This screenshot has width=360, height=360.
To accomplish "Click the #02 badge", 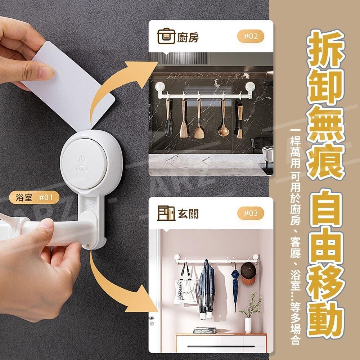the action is (x=251, y=36).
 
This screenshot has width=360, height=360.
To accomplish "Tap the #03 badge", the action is (x=251, y=213).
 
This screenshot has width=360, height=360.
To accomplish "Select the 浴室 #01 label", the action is (x=34, y=197).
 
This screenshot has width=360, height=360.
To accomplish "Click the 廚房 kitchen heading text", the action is (x=188, y=37).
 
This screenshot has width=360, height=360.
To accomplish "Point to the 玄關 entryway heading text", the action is (x=188, y=214).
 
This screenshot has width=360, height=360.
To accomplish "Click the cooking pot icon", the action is (x=166, y=36).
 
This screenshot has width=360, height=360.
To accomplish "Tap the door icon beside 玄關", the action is (x=166, y=213).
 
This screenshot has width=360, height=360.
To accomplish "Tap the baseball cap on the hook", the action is (x=248, y=274).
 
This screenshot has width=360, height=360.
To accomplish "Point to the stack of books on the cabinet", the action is (x=205, y=330).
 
